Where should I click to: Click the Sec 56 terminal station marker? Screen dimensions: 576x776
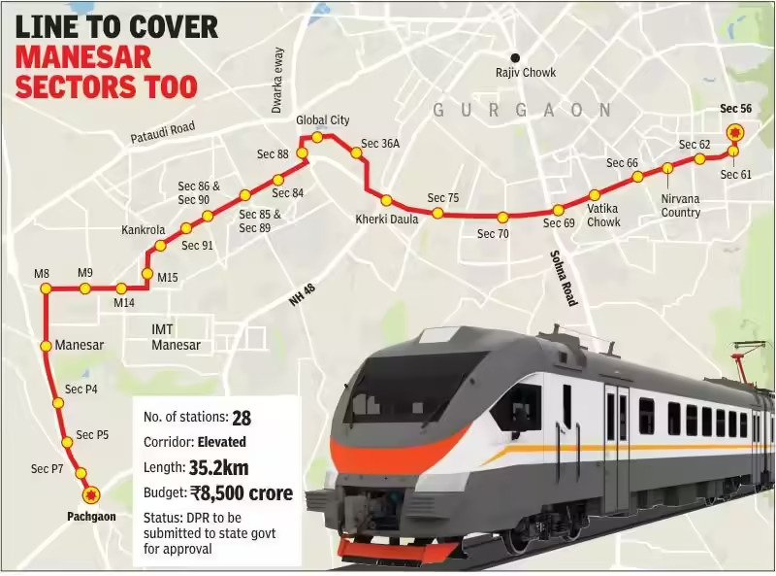coord(735,132)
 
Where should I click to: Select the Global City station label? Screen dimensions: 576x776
coord(323,120)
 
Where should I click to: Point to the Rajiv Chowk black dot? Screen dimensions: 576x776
coord(518,57)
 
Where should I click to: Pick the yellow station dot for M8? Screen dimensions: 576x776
coord(43,288)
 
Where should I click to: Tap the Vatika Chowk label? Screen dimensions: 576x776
coord(604,215)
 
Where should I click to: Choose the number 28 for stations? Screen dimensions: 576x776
coord(242,418)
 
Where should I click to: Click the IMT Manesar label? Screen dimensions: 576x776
coord(176,337)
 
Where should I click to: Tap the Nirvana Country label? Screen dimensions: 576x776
coord(680,205)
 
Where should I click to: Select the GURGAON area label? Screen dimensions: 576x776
coord(522,111)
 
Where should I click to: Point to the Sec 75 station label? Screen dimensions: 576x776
coord(442,198)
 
